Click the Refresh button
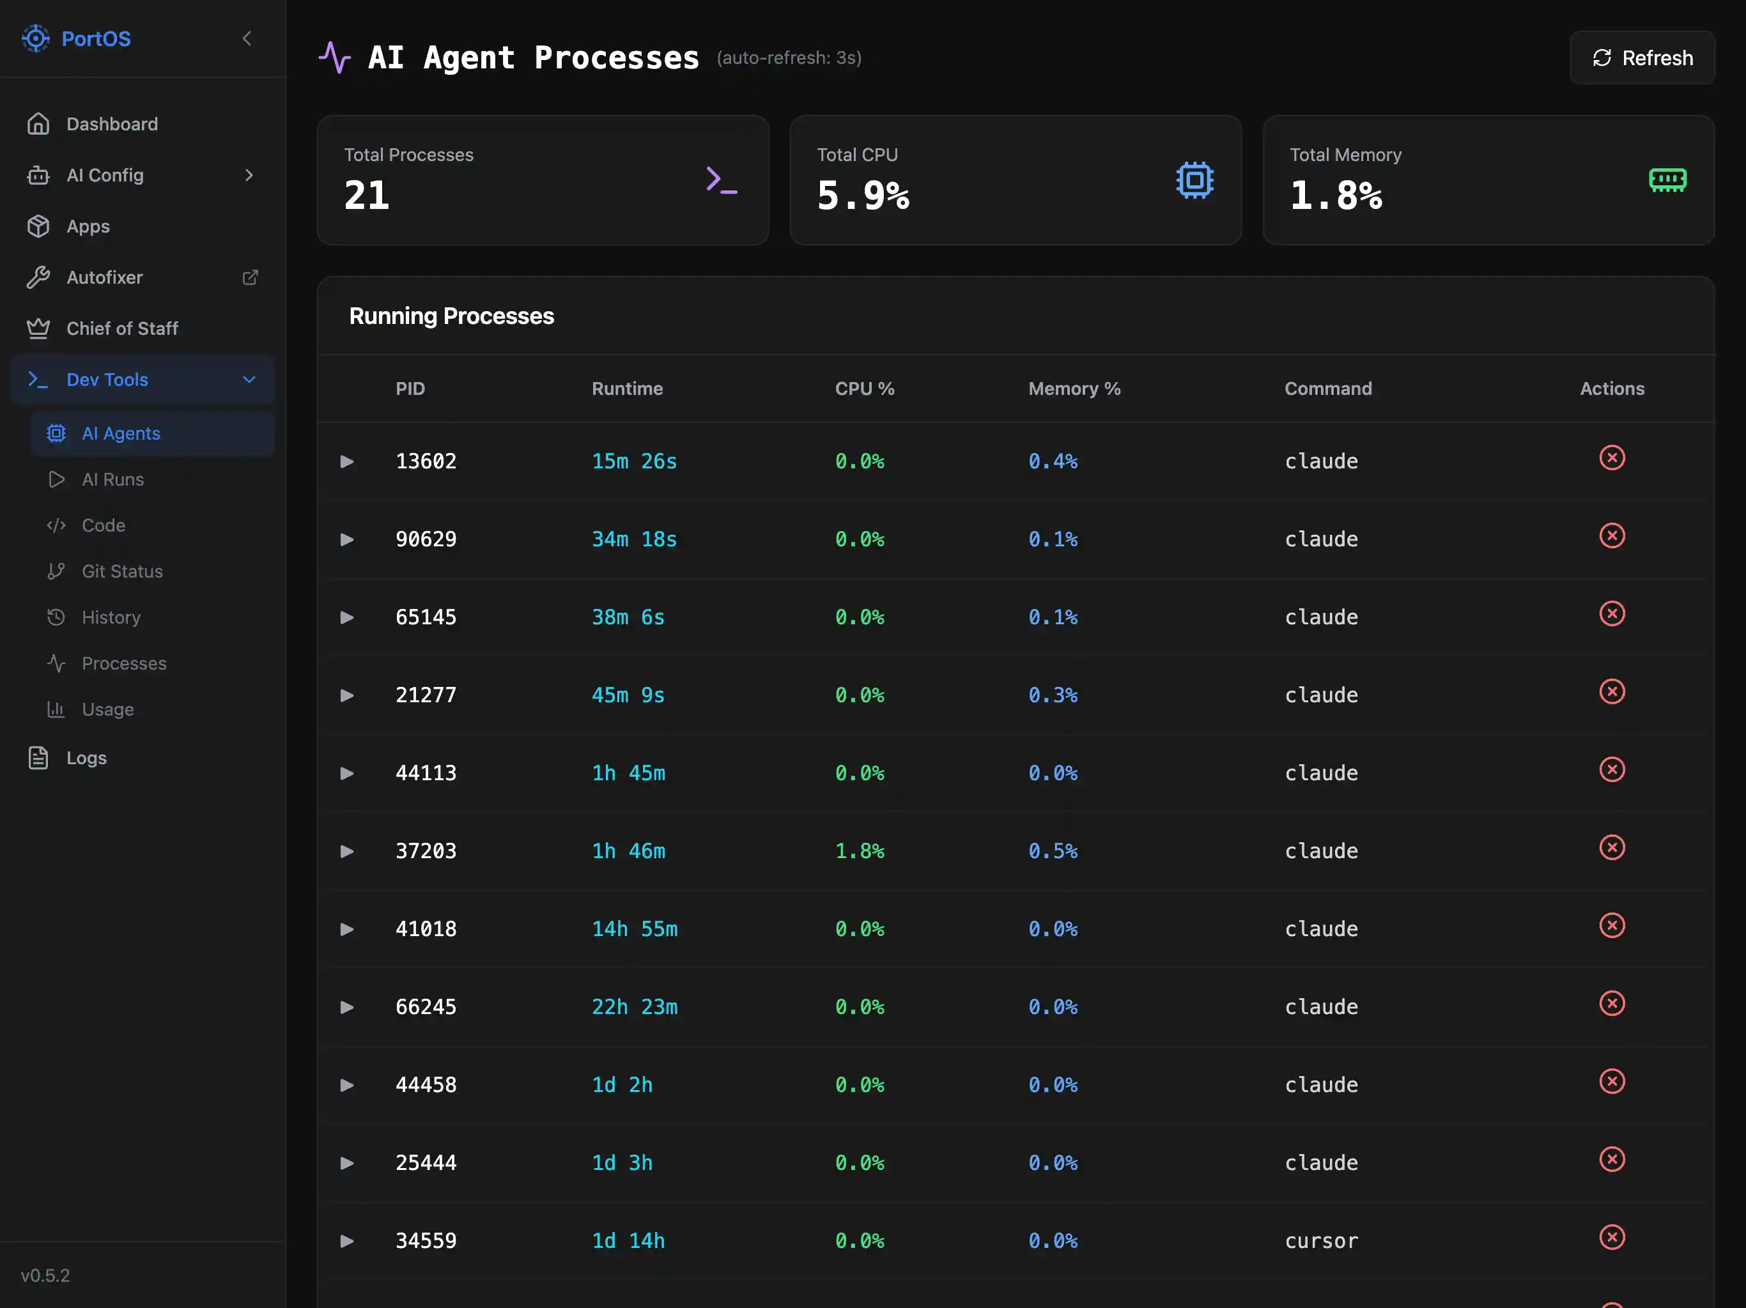[1642, 58]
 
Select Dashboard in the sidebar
[111, 124]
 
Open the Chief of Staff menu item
[121, 328]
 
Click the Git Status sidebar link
[121, 571]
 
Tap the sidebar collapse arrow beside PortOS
[247, 39]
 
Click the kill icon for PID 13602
[1611, 458]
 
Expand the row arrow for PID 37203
[346, 851]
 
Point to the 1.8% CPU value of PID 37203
[859, 851]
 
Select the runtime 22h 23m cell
[634, 1007]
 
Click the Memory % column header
[1074, 389]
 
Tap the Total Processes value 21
[367, 195]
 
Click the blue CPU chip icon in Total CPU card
[1194, 180]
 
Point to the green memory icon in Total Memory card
[1667, 180]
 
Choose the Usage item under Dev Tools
[107, 710]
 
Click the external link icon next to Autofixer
[251, 277]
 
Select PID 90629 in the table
[426, 539]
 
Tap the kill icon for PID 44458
[1611, 1081]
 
